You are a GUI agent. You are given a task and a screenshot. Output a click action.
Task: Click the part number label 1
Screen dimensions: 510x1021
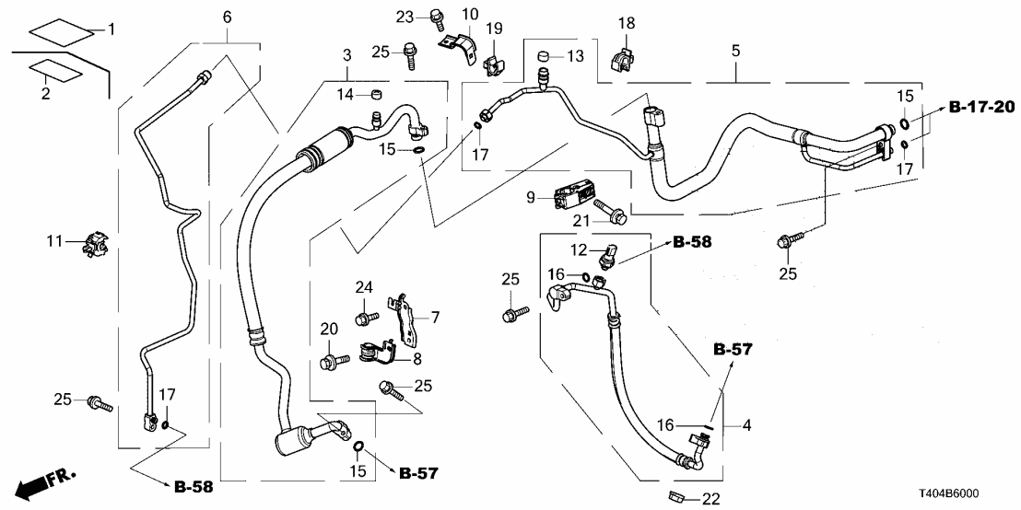point(112,30)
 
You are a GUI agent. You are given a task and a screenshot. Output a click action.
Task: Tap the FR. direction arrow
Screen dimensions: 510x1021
point(46,481)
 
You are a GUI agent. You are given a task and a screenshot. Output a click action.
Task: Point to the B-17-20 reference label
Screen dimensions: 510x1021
point(982,108)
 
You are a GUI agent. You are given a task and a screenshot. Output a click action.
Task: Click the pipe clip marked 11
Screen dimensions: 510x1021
point(94,242)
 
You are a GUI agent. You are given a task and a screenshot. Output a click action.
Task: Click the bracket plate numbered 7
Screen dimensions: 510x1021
point(403,316)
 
